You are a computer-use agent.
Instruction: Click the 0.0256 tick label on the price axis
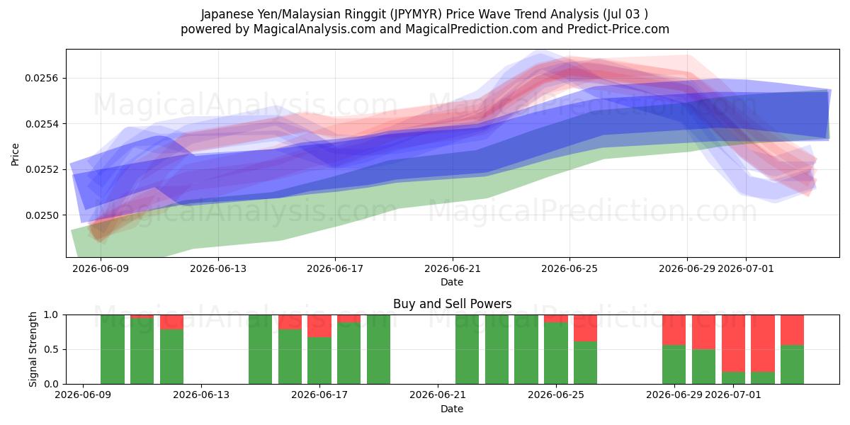[41, 78]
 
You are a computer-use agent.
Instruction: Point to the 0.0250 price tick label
[41, 215]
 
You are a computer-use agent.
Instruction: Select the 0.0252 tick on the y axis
[41, 169]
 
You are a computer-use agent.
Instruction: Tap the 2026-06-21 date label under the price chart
[453, 268]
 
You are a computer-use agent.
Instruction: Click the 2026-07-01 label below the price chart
[746, 268]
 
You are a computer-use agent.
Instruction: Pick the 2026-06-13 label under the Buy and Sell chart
[201, 395]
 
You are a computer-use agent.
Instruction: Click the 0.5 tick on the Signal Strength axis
[51, 349]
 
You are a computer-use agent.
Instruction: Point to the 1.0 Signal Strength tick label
[51, 314]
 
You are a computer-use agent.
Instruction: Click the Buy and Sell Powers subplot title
[453, 304]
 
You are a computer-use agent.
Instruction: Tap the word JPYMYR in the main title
[416, 14]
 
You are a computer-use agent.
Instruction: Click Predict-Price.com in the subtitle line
[618, 29]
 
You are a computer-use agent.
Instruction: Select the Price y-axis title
[15, 154]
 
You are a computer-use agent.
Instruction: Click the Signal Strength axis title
[33, 349]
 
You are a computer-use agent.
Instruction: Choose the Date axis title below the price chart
[452, 282]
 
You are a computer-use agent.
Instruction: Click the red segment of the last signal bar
[792, 330]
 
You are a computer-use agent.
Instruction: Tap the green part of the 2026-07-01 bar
[733, 378]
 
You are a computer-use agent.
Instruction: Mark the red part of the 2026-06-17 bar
[319, 326]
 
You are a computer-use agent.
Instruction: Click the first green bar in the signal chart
[113, 349]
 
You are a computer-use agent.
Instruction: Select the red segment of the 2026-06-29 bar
[674, 330]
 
